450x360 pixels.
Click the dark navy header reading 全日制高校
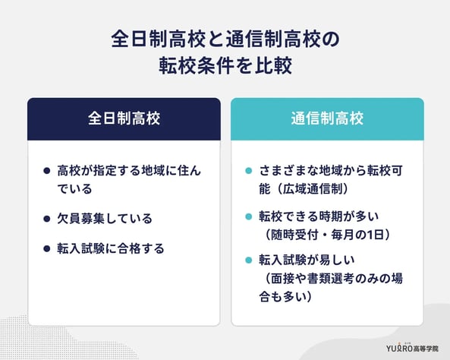[x=124, y=119]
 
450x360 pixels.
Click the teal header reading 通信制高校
[x=327, y=119]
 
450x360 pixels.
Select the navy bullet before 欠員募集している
[x=47, y=219]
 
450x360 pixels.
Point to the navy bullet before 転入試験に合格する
[x=47, y=248]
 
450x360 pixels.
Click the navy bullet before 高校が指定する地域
[x=47, y=172]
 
